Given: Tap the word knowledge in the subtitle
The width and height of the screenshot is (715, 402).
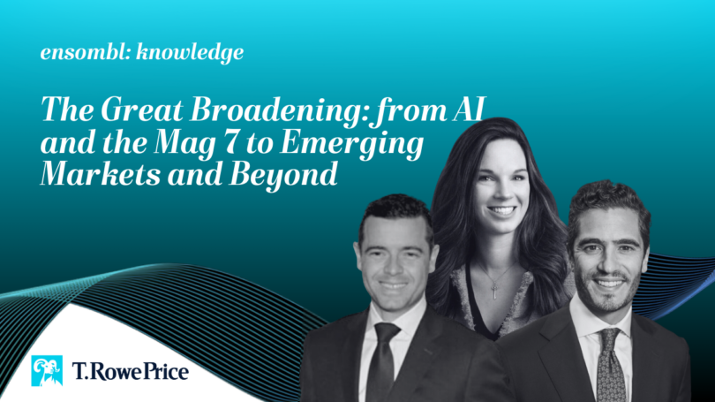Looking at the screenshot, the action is click(190, 53).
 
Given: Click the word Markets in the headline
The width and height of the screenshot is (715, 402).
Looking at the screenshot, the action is click(101, 174).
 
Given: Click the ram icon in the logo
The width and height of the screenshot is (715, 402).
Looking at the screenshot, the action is click(47, 370).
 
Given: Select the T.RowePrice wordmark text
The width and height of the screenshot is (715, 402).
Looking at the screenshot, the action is click(131, 371).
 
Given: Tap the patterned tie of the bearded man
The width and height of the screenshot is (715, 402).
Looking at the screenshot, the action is click(610, 365).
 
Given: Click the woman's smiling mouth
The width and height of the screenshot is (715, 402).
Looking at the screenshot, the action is click(501, 210).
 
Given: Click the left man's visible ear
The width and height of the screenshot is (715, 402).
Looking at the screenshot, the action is click(357, 256).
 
